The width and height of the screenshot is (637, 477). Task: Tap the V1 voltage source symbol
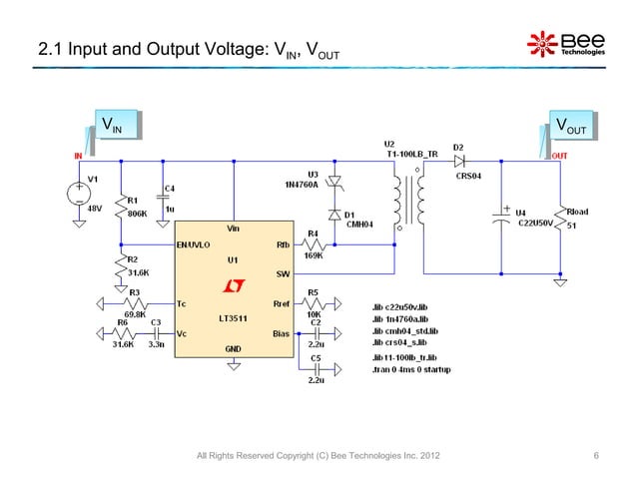pos(77,194)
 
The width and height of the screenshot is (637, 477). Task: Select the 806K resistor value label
pos(139,213)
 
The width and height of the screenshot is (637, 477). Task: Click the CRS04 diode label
pos(468,176)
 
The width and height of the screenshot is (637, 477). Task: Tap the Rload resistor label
pos(578,212)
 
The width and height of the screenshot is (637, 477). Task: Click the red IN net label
pos(76,156)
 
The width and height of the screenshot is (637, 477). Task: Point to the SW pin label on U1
pos(283,273)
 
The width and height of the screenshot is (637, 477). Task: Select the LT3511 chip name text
pos(233,318)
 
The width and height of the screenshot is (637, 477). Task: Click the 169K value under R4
pos(313,255)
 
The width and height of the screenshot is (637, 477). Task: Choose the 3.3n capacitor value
pos(158,345)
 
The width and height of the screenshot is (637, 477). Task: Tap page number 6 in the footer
pos(596,457)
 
